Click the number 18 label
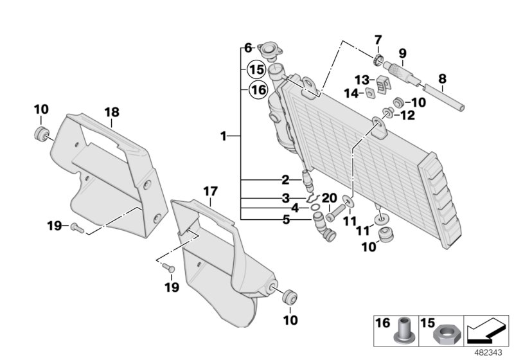(x=112, y=113)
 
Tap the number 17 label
(x=211, y=191)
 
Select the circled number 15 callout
(x=257, y=69)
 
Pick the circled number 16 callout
(x=257, y=90)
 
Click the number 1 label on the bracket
(x=223, y=136)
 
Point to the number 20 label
(x=329, y=197)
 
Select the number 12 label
(x=408, y=116)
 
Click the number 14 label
(x=350, y=93)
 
